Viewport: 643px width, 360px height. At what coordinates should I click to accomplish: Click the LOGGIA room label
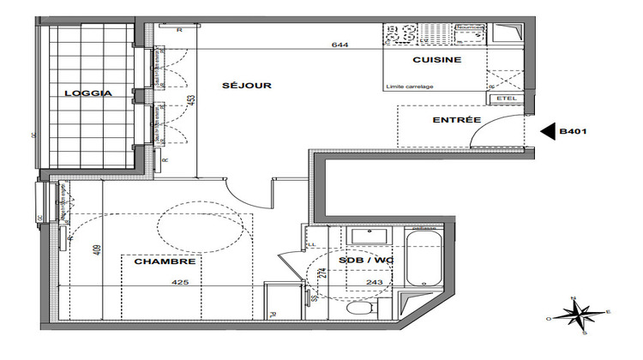click(87, 94)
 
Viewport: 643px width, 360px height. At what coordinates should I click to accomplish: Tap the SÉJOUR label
click(247, 85)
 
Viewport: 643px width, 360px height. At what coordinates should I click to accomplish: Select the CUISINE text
click(437, 60)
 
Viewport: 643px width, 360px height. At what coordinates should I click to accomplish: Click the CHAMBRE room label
click(165, 262)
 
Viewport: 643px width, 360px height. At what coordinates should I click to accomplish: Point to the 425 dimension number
click(180, 281)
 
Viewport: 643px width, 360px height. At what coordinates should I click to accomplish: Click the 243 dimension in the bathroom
click(375, 282)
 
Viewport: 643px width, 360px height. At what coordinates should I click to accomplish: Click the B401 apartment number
click(573, 132)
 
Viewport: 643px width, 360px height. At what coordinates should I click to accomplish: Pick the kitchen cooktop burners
click(399, 34)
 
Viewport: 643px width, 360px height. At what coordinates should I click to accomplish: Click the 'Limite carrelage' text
click(411, 87)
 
